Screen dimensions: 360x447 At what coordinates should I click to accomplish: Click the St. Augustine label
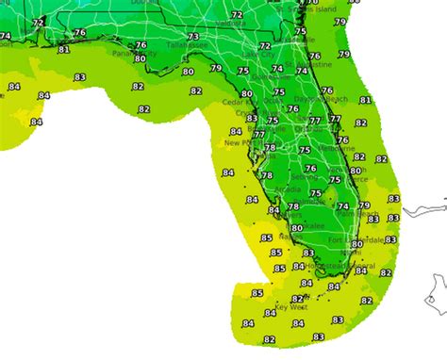[x=321, y=65]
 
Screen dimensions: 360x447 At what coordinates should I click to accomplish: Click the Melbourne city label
[x=337, y=148]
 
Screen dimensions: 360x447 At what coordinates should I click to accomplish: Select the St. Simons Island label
[x=325, y=8]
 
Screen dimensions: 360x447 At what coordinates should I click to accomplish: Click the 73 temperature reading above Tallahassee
[x=193, y=36]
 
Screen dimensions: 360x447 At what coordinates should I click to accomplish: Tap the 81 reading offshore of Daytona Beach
[x=365, y=100]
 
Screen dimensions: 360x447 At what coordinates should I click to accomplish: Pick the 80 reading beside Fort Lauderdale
[x=356, y=245]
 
